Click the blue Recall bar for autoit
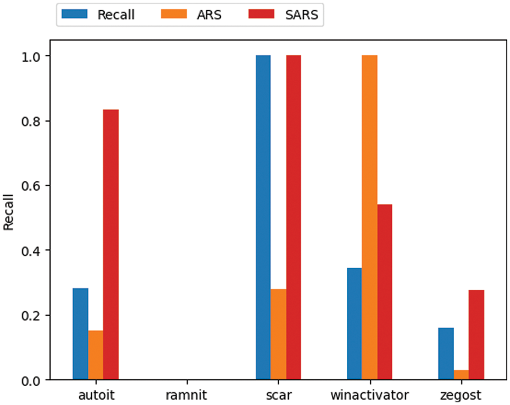click(x=81, y=334)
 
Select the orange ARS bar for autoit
click(x=96, y=355)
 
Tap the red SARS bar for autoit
click(x=111, y=245)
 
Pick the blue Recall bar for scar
click(x=263, y=217)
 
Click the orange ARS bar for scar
click(x=278, y=334)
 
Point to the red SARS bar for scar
click(x=293, y=217)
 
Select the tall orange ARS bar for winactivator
click(x=369, y=217)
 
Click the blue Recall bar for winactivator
click(x=354, y=323)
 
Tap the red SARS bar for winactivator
click(x=384, y=292)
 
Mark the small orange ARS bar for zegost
click(x=461, y=374)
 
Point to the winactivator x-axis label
click(x=369, y=395)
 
